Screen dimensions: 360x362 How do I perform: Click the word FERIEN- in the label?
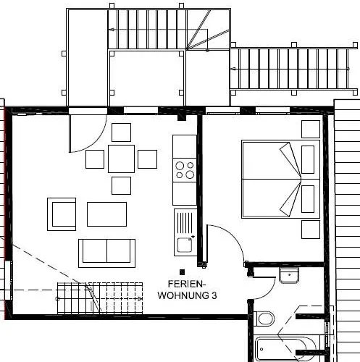(x=187, y=284)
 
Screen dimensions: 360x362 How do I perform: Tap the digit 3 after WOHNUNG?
(x=214, y=295)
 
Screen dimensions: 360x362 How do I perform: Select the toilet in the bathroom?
(x=264, y=319)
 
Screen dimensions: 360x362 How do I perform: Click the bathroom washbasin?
(x=289, y=275)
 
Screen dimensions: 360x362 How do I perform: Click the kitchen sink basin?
(x=185, y=245)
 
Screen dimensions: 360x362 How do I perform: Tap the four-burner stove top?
(x=185, y=170)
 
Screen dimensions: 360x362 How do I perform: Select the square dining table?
(x=121, y=159)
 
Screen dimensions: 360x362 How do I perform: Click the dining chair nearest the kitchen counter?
(x=147, y=159)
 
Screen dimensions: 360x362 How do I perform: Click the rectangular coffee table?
(x=106, y=214)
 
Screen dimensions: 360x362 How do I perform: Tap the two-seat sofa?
(x=106, y=253)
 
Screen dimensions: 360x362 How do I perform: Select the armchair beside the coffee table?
(x=62, y=214)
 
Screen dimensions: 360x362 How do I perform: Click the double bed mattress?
(x=280, y=180)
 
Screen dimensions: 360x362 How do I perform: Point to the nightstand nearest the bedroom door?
(x=311, y=230)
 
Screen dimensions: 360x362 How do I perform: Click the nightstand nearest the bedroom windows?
(x=311, y=130)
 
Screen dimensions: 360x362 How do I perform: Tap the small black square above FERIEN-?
(x=183, y=272)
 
